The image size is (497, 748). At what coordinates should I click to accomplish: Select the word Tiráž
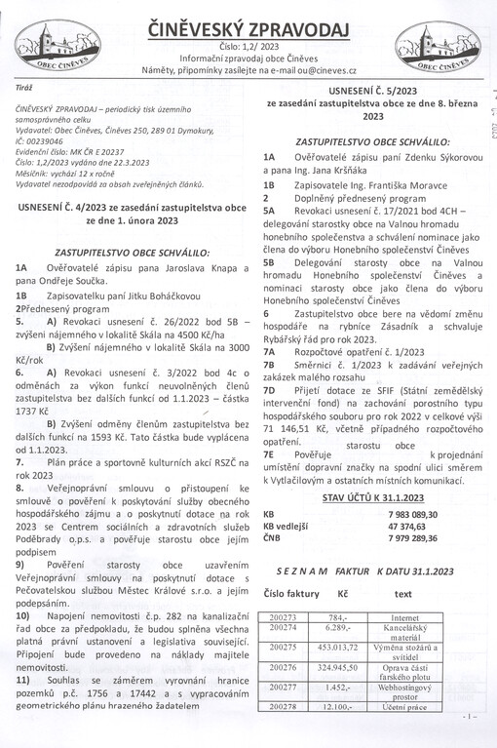pyautogui.click(x=24, y=87)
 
